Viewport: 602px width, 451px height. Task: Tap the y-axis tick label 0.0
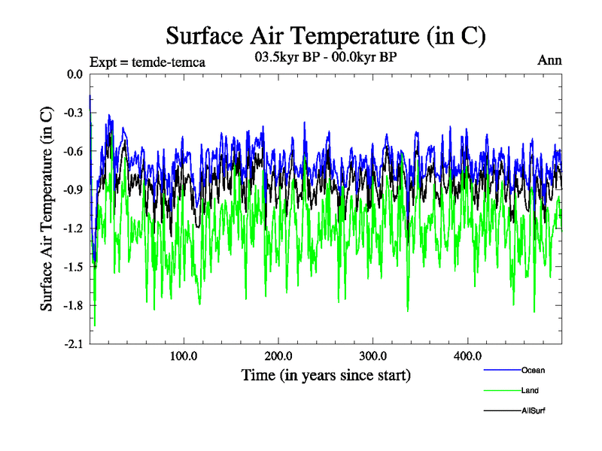pyautogui.click(x=74, y=74)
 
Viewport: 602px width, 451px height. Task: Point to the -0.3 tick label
pyautogui.click(x=73, y=113)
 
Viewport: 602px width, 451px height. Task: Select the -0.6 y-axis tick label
pyautogui.click(x=73, y=151)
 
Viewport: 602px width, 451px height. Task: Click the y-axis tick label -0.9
pyautogui.click(x=73, y=190)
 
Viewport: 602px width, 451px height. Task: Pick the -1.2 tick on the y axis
pyautogui.click(x=73, y=229)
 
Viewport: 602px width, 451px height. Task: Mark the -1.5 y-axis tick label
pyautogui.click(x=73, y=267)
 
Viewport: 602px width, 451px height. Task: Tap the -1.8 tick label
pyautogui.click(x=73, y=306)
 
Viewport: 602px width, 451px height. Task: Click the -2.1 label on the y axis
pyautogui.click(x=73, y=344)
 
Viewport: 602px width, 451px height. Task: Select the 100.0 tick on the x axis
pyautogui.click(x=184, y=356)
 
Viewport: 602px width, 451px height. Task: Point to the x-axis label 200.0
pyautogui.click(x=278, y=356)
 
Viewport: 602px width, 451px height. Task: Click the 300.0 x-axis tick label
pyautogui.click(x=373, y=356)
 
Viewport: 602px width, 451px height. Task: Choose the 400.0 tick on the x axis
pyautogui.click(x=467, y=356)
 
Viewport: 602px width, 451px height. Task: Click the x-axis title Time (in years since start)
pyautogui.click(x=326, y=374)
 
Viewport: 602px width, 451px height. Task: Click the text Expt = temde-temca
pyautogui.click(x=147, y=62)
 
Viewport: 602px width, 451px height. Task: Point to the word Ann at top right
pyautogui.click(x=549, y=60)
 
